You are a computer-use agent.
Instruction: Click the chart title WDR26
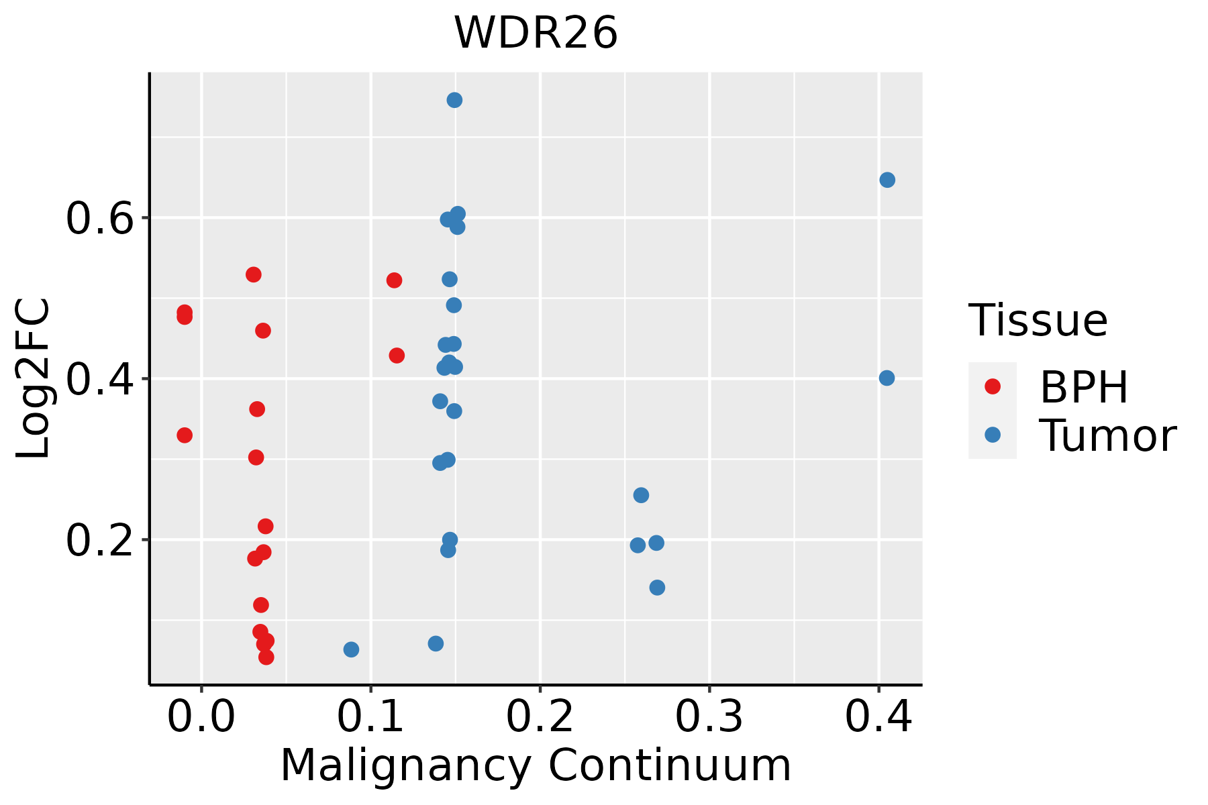tap(536, 34)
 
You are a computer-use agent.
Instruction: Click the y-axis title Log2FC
tap(34, 379)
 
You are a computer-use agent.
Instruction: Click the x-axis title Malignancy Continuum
tap(536, 766)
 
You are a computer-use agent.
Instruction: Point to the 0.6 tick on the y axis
tap(100, 219)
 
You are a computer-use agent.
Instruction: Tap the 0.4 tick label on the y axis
tap(100, 380)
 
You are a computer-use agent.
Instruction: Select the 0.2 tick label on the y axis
tap(100, 541)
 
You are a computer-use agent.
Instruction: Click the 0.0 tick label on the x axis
tap(201, 717)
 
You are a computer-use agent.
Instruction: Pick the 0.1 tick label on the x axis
tap(370, 717)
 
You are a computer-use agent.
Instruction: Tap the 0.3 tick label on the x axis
tap(709, 717)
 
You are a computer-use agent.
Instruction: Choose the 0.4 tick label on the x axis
tap(878, 717)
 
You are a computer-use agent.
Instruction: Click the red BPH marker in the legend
tap(992, 386)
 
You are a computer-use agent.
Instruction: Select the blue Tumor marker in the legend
tap(992, 435)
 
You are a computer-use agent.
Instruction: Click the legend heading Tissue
tap(1038, 321)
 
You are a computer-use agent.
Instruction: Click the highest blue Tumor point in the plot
tap(454, 100)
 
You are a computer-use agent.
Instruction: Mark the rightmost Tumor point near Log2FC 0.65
tap(887, 180)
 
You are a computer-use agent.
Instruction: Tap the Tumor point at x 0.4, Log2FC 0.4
tap(887, 378)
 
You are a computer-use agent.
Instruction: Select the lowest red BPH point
tap(266, 657)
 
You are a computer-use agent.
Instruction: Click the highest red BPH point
tap(253, 274)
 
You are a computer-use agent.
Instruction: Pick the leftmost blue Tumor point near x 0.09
tap(351, 649)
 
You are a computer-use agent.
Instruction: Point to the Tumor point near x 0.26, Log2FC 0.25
tap(641, 495)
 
